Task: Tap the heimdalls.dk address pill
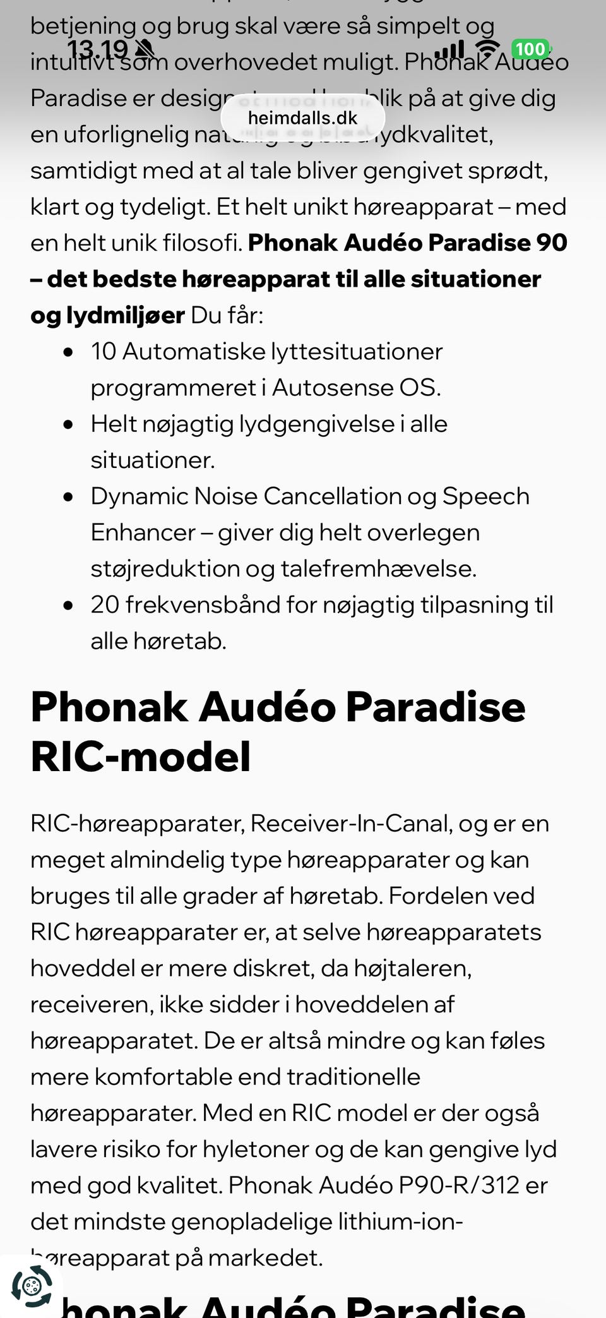coord(303,118)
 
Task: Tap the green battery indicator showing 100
coord(530,49)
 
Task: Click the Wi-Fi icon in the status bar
coord(487,49)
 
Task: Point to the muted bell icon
coord(145,49)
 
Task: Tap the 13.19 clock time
coord(97,49)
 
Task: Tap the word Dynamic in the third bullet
coord(139,496)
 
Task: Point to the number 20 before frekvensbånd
coord(105,605)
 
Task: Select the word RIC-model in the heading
coord(141,757)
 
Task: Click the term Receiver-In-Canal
coord(351,824)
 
